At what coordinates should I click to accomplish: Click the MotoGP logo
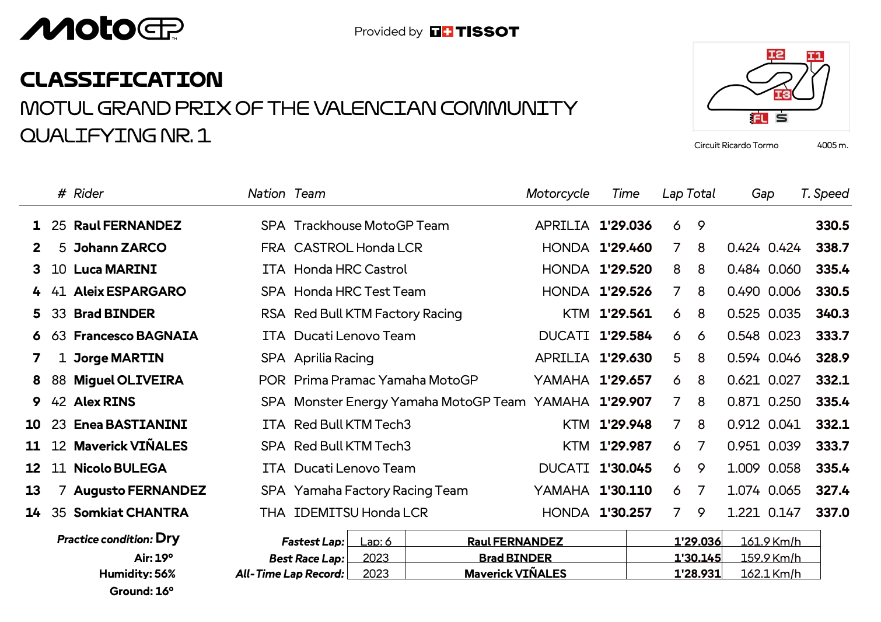point(102,29)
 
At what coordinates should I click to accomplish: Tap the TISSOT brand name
point(487,32)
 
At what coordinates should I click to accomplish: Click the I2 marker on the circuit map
point(775,55)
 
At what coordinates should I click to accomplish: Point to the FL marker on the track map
point(759,118)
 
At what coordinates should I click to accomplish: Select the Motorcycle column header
point(557,194)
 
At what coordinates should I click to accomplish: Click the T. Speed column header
point(824,194)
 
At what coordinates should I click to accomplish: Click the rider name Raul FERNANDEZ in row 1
point(127,226)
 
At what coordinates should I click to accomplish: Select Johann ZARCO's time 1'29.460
point(625,248)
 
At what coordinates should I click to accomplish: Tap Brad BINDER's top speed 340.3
point(832,314)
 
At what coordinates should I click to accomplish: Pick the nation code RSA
point(273,314)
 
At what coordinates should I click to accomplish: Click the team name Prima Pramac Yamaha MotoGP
point(386,380)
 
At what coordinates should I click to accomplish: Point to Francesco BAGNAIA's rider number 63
point(59,336)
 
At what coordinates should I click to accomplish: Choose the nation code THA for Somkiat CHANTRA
point(272,513)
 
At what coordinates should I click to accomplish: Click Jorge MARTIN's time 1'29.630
point(625,358)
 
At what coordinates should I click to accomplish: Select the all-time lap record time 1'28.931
point(697,574)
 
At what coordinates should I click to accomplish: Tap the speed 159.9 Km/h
point(770,558)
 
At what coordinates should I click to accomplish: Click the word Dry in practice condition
point(167,539)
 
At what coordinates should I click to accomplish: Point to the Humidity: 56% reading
point(137,574)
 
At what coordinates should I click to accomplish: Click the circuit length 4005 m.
point(832,145)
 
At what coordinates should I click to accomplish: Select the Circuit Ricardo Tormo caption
point(736,145)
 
